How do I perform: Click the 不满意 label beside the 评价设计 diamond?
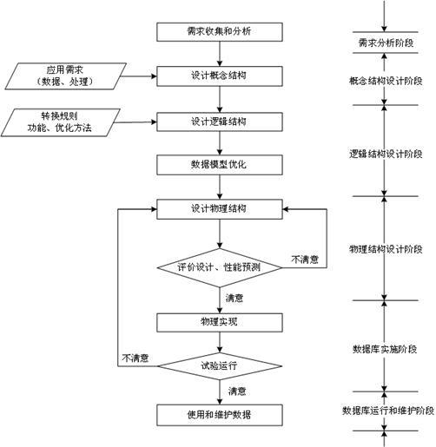(x=305, y=259)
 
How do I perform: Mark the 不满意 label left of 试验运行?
(x=136, y=358)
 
